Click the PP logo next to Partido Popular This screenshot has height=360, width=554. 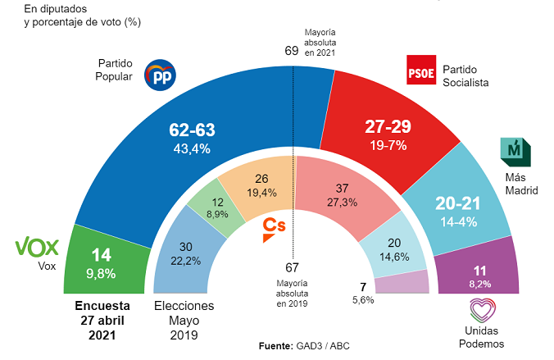(160, 75)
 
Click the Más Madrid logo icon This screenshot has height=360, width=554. (515, 151)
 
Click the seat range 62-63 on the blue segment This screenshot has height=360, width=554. (192, 129)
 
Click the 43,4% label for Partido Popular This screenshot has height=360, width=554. (192, 148)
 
